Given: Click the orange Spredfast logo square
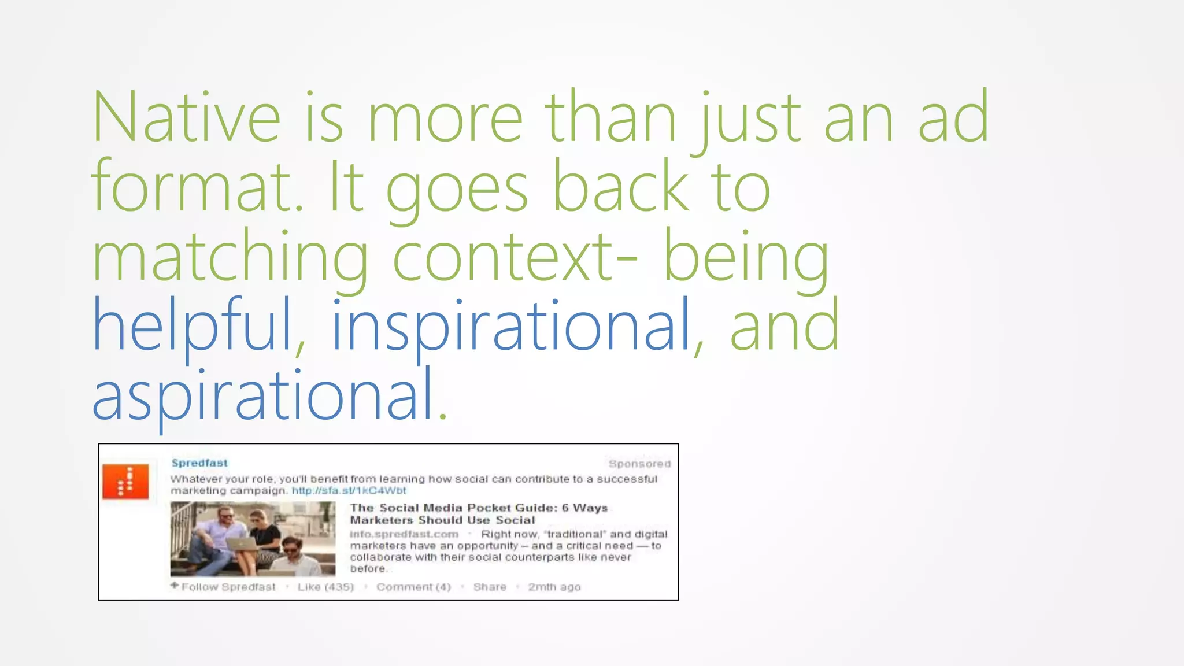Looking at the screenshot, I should coord(126,481).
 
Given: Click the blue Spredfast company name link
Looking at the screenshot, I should coord(199,463).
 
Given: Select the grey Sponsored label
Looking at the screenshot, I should coord(639,464).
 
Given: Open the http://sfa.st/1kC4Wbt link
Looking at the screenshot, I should coord(349,491).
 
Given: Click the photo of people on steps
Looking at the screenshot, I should coord(253,539).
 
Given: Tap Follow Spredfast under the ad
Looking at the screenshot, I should coord(228,587).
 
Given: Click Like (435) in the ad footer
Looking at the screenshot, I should coord(325,587).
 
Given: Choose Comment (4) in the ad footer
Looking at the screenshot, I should coord(413,587).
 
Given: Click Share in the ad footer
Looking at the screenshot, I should coord(490,587).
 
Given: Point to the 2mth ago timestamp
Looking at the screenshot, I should coord(554,587).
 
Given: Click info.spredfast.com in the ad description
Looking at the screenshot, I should coord(404,534).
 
